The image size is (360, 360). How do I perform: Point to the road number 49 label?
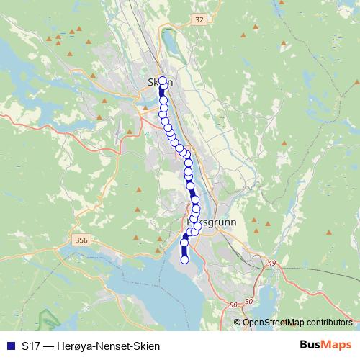(271, 264)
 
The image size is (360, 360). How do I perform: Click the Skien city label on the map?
(161, 82)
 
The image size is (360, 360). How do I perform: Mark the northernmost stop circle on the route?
(162, 81)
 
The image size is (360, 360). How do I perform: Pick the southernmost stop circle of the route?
(184, 260)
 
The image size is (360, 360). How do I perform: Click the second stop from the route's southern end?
(184, 243)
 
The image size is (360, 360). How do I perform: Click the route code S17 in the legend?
(31, 346)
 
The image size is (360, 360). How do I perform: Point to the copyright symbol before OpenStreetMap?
(238, 322)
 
